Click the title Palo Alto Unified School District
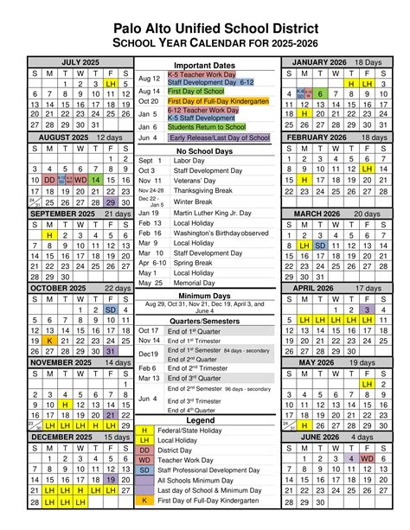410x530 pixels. pos(205,30)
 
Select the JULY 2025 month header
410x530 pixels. pos(80,62)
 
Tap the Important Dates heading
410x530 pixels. pos(204,67)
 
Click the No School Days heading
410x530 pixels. pos(205,150)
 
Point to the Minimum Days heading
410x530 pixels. pos(205,296)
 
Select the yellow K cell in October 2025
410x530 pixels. pos(49,341)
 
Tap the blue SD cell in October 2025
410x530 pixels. pos(111,310)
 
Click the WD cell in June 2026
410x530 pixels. pos(368,458)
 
